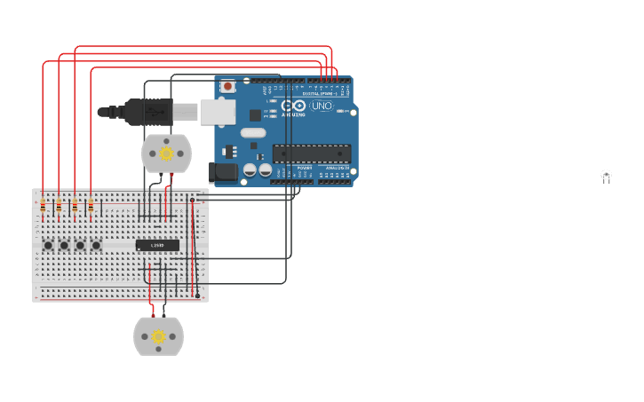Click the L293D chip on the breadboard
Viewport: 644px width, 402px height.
(x=157, y=245)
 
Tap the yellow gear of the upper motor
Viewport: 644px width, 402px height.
(x=166, y=154)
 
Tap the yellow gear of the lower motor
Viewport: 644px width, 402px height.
(x=158, y=336)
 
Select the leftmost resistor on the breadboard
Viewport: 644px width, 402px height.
(x=43, y=207)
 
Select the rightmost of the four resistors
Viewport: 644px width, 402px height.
(x=91, y=207)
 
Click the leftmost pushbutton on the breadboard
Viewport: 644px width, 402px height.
(x=48, y=245)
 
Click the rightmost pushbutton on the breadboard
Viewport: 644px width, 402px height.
(x=96, y=245)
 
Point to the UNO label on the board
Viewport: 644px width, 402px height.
(x=322, y=106)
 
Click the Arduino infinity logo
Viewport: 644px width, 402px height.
(x=298, y=106)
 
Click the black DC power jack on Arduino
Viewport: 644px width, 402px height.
(x=222, y=172)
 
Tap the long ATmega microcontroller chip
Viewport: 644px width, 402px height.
(x=311, y=153)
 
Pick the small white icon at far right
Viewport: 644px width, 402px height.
(x=606, y=176)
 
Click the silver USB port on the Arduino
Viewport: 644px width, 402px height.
(x=218, y=112)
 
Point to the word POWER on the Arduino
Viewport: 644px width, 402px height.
(x=304, y=167)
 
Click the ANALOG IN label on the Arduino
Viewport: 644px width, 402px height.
(x=337, y=167)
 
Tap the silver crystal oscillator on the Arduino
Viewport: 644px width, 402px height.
(x=252, y=133)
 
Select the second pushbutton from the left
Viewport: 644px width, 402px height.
(x=64, y=245)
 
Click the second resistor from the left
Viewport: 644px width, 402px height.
(x=59, y=207)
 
